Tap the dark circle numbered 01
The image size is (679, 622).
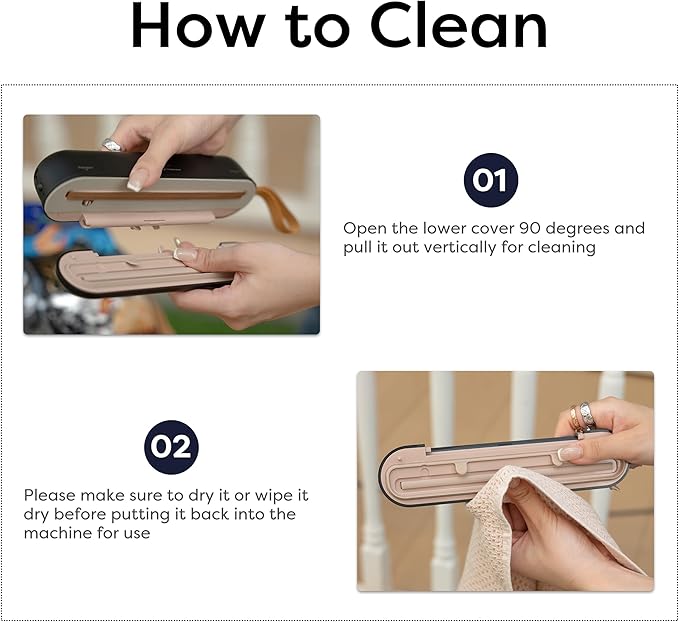490,180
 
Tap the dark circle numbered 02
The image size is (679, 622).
171,447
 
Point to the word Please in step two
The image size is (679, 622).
50,495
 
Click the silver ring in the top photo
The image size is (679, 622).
112,145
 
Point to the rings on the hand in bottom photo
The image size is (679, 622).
582,417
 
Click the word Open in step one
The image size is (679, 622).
364,228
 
